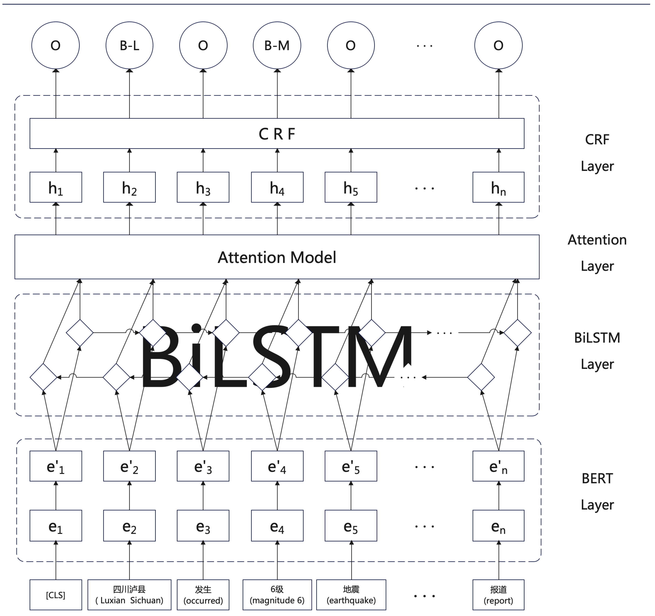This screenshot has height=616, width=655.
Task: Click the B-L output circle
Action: [x=130, y=45]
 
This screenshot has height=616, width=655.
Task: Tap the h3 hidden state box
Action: [x=203, y=187]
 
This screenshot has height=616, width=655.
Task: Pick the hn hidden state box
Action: [x=498, y=187]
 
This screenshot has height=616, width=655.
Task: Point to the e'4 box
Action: [x=277, y=466]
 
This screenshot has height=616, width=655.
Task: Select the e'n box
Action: [x=498, y=466]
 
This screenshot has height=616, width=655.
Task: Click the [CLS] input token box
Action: [x=56, y=595]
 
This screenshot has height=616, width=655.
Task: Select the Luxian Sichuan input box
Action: [x=130, y=595]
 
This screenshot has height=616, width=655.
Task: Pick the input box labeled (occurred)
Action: [x=203, y=595]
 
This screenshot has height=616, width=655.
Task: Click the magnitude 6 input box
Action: [x=277, y=595]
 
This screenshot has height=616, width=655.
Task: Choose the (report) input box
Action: [x=498, y=595]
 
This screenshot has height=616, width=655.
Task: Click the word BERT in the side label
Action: [x=597, y=479]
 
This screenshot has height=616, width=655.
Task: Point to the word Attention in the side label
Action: [x=597, y=240]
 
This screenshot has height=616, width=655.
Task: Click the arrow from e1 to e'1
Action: [x=56, y=496]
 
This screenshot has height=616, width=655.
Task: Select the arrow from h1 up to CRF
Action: [x=56, y=160]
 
